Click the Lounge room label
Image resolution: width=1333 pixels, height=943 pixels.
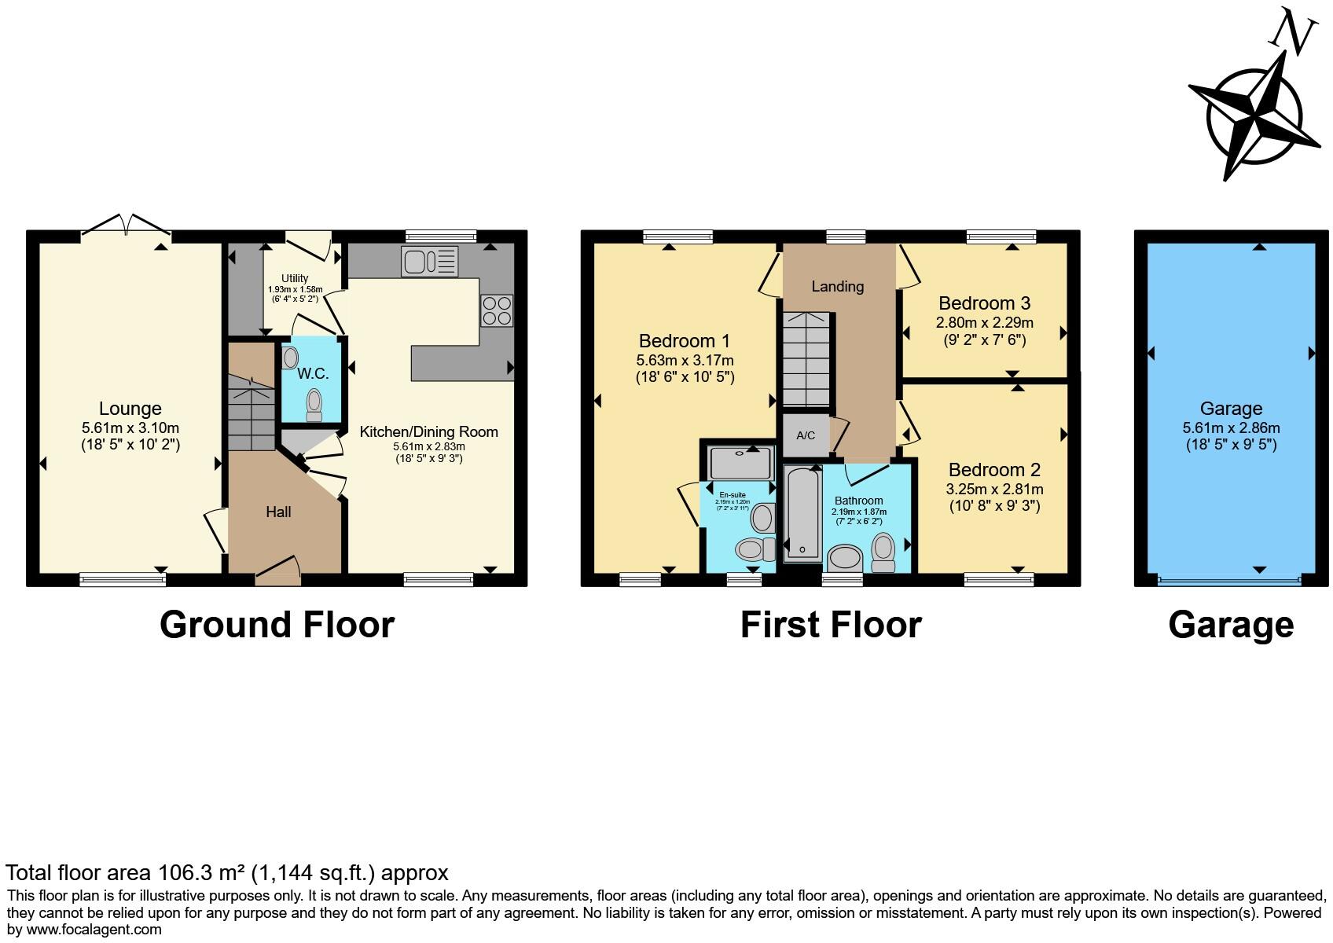[130, 409]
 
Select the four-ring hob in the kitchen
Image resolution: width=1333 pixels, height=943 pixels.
[496, 310]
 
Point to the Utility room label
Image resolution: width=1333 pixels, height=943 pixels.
[295, 278]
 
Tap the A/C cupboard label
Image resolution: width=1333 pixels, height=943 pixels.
[806, 435]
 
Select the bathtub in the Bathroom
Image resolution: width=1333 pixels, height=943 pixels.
[802, 512]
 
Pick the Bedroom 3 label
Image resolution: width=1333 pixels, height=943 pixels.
[984, 303]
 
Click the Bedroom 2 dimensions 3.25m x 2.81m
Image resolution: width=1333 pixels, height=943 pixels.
[994, 489]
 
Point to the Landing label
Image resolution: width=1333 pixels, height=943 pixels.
[837, 287]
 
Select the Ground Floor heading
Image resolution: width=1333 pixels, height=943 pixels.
[277, 625]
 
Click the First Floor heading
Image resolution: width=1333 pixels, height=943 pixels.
[831, 625]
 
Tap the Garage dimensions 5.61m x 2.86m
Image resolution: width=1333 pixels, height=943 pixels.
[1231, 428]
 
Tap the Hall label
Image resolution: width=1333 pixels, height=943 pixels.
[278, 512]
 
